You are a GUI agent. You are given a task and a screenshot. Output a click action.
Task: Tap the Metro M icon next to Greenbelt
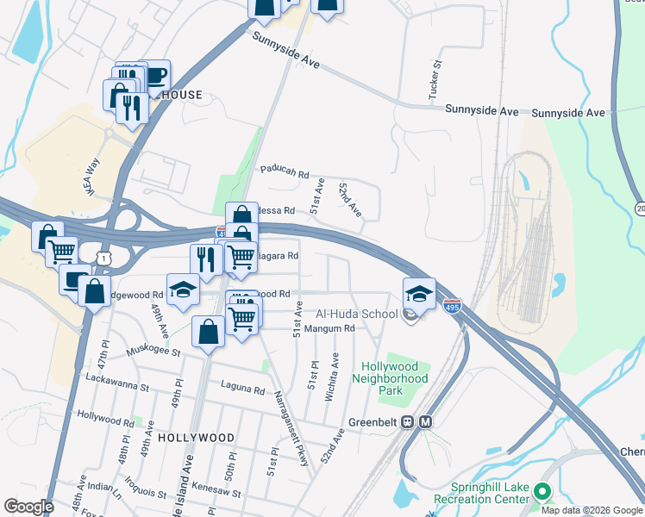tap(426, 422)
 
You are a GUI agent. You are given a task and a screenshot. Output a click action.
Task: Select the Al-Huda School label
tap(356, 314)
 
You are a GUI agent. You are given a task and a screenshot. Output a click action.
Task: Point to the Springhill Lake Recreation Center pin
tap(542, 492)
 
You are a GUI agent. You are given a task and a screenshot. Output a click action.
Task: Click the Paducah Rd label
tap(285, 174)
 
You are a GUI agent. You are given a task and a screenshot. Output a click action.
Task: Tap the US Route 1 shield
tap(104, 257)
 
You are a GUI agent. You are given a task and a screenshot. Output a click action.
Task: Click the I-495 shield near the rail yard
tap(452, 305)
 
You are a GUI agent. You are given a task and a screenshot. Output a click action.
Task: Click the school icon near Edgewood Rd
tap(183, 290)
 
